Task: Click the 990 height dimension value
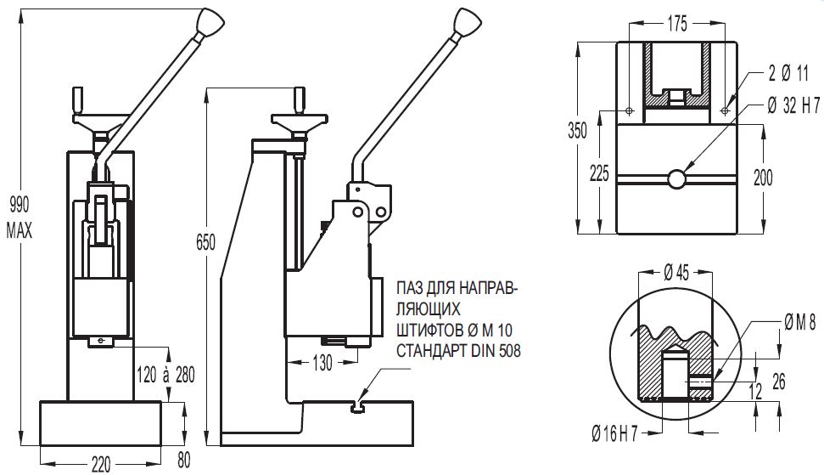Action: pyautogui.click(x=18, y=203)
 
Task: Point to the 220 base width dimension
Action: pyautogui.click(x=100, y=463)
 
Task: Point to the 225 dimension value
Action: pyautogui.click(x=598, y=174)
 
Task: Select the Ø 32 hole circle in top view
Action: pyautogui.click(x=676, y=179)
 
